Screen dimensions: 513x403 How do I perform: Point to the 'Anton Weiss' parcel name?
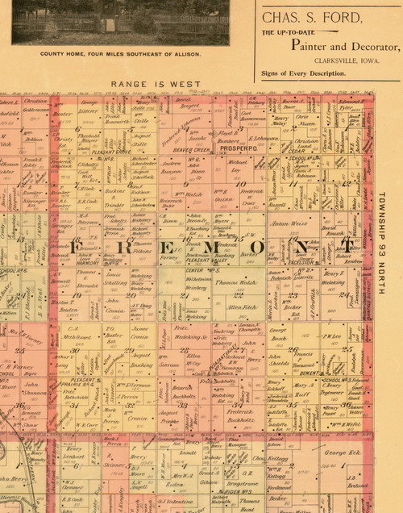[290, 223]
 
